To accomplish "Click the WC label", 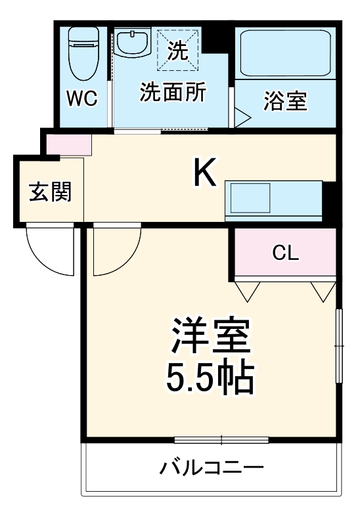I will point(82,99).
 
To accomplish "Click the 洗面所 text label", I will point(173,93).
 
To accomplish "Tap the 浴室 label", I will point(285,102).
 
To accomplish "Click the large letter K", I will point(204,173).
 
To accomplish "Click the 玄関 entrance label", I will point(50,192).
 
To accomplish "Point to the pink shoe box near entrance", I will point(68,144).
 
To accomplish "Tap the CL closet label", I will point(286,253).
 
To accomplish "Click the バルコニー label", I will point(212,469).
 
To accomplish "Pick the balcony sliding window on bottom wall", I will point(221,439).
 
